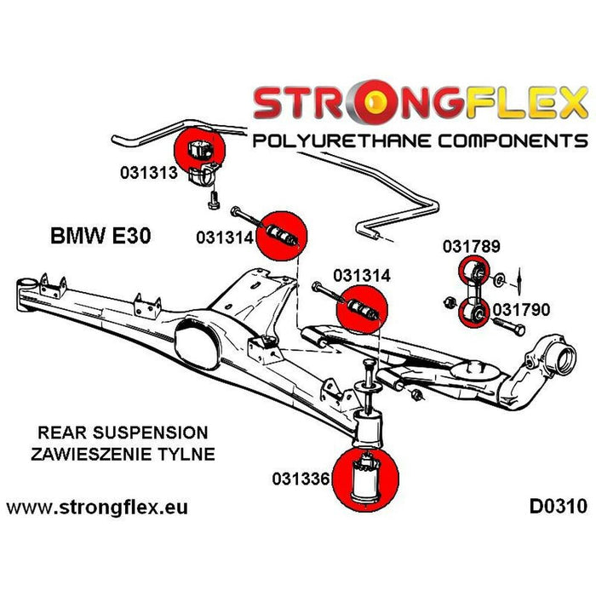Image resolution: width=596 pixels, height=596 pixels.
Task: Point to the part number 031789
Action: (x=470, y=248)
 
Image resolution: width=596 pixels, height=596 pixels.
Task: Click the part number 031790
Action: (x=520, y=310)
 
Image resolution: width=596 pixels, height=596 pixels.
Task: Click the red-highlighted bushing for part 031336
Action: (x=369, y=478)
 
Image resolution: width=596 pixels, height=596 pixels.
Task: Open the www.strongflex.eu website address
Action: (x=97, y=507)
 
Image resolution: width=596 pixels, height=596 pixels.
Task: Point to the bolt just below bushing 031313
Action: (x=213, y=202)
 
